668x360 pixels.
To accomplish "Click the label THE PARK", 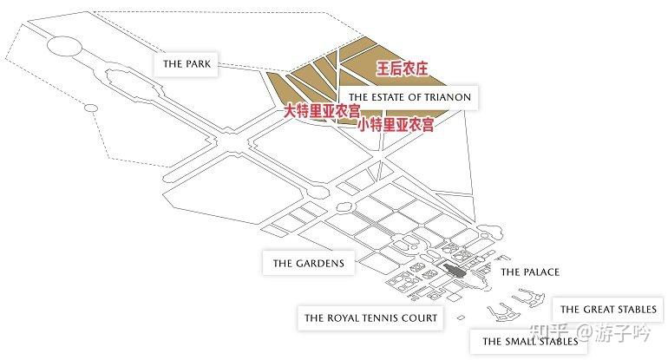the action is tap(187, 64).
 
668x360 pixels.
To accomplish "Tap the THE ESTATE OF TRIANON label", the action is tap(409, 97).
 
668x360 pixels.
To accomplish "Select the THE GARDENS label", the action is tap(309, 263).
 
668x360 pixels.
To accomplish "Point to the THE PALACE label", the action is tap(530, 272).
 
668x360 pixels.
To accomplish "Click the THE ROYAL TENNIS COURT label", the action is tap(370, 317).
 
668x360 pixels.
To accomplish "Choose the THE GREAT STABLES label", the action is tap(608, 310).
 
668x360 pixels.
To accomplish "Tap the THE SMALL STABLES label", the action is tap(530, 341).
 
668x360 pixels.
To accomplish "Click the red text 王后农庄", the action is tap(402, 69).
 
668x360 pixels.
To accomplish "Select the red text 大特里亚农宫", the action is tap(322, 111).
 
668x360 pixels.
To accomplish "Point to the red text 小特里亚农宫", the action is tap(396, 125).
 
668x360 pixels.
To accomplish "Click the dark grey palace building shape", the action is tap(455, 270).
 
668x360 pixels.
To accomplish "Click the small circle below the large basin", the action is tap(90, 108).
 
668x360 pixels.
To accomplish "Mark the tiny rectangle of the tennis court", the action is tap(460, 317).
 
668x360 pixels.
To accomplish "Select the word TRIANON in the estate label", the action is tap(448, 97).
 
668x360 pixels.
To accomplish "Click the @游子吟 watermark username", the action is tap(613, 331).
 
